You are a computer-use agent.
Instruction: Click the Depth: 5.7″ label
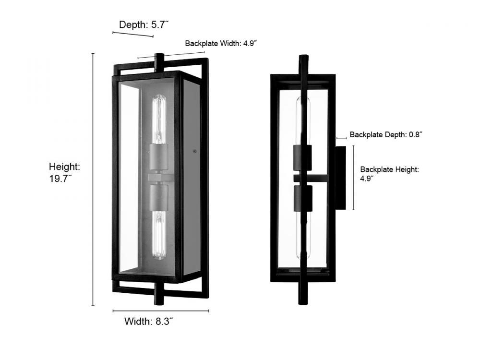pyautogui.click(x=144, y=25)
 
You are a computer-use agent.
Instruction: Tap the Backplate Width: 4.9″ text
pyautogui.click(x=221, y=44)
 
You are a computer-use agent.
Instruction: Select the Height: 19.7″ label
pyautogui.click(x=65, y=172)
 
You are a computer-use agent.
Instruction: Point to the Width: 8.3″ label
pyautogui.click(x=149, y=322)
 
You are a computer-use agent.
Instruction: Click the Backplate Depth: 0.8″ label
pyautogui.click(x=386, y=135)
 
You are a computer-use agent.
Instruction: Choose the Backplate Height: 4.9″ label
pyautogui.click(x=389, y=174)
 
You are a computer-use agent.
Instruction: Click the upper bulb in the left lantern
pyautogui.click(x=159, y=120)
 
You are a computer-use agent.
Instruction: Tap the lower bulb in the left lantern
pyautogui.click(x=159, y=235)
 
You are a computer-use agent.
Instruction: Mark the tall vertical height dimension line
pyautogui.click(x=93, y=180)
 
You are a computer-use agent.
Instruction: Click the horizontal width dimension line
pyautogui.click(x=161, y=311)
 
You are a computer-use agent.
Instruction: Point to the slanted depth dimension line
pyautogui.click(x=133, y=34)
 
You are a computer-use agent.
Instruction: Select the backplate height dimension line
pyautogui.click(x=354, y=178)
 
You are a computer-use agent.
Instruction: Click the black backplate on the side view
pyautogui.click(x=340, y=178)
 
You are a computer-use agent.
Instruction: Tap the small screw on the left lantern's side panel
pyautogui.click(x=194, y=151)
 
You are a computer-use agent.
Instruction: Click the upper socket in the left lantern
pyautogui.click(x=158, y=157)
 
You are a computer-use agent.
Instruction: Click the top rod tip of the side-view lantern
pyautogui.click(x=304, y=56)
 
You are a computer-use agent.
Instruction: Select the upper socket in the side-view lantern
pyautogui.click(x=302, y=157)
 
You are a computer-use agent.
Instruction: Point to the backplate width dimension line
pyautogui.click(x=171, y=55)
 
